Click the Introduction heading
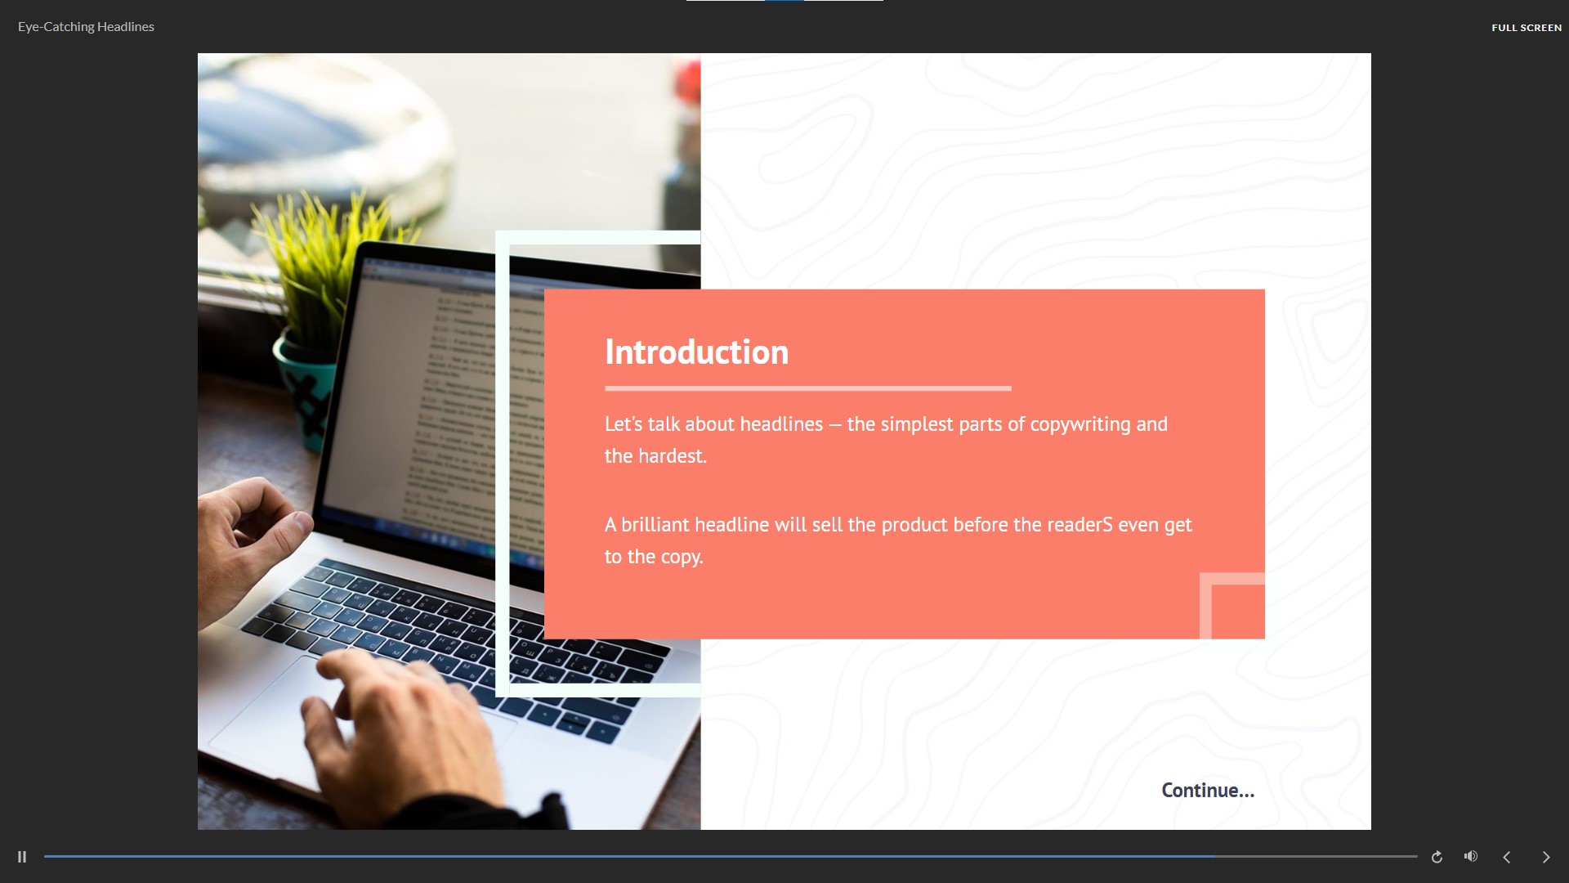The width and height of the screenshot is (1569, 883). click(696, 352)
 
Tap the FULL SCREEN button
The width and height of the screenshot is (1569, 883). click(1526, 28)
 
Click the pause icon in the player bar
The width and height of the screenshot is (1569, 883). click(22, 857)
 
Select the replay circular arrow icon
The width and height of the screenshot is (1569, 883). click(1437, 857)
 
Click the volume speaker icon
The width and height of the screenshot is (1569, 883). click(1471, 856)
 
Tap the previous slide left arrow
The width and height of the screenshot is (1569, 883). click(1506, 857)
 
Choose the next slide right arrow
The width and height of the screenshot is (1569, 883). click(1545, 857)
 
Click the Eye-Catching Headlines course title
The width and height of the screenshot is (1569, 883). click(86, 27)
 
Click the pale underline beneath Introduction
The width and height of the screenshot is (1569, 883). click(808, 388)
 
